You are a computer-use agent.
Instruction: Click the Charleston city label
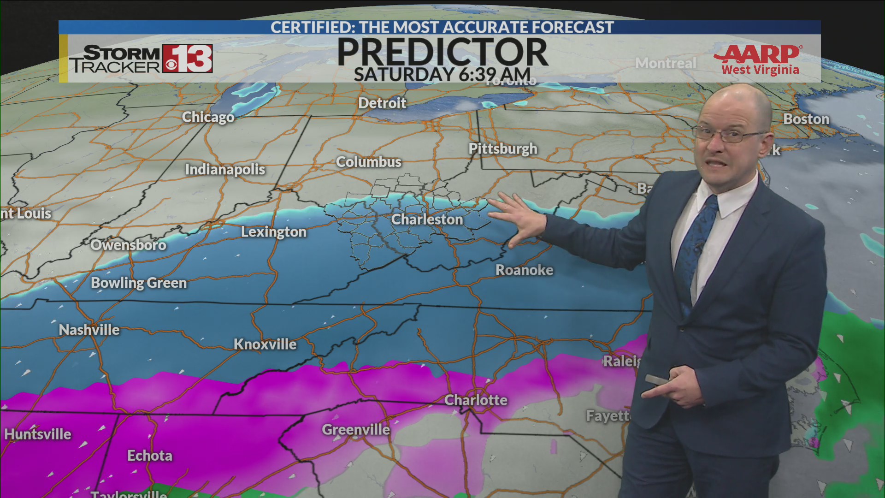coord(427,219)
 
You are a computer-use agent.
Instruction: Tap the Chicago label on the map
coord(208,117)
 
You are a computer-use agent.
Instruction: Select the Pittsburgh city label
coord(502,148)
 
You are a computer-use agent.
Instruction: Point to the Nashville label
coord(89,330)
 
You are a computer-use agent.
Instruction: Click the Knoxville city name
coord(265,344)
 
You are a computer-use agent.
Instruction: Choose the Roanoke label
coord(524,270)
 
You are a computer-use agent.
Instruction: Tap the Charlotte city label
coord(476,400)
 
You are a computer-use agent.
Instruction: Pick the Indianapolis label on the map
coord(225,169)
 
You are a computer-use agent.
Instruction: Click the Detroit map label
coord(382,103)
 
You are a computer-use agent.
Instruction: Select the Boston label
coord(806,119)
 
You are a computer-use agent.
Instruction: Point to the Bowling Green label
coord(139,283)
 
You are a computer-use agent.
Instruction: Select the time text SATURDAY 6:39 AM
coord(442,74)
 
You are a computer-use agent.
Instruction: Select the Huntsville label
coord(38,434)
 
